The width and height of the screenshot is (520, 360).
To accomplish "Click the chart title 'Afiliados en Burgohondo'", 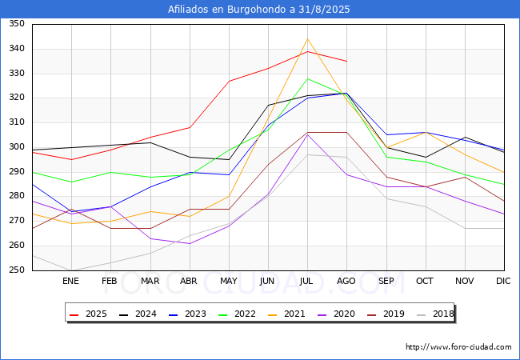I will [259, 10].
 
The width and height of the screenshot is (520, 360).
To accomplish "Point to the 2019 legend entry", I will [390, 314].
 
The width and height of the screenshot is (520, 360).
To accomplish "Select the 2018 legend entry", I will [438, 314].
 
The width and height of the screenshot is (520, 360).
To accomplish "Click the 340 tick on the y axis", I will [17, 49].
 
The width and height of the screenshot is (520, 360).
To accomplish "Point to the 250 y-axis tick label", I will [17, 270].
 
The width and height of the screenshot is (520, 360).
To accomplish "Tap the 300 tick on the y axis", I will [17, 147].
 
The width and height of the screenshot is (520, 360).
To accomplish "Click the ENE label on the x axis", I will [71, 281].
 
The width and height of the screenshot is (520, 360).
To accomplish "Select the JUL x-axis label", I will [307, 281].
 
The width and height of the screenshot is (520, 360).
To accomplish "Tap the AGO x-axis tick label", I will [346, 281].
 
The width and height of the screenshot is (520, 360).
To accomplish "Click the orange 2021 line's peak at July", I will [307, 38].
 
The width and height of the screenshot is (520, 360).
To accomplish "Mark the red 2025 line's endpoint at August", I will [346, 61].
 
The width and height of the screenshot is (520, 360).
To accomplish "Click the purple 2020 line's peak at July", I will [307, 134].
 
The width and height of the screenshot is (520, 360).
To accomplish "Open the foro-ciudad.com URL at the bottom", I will [458, 347].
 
